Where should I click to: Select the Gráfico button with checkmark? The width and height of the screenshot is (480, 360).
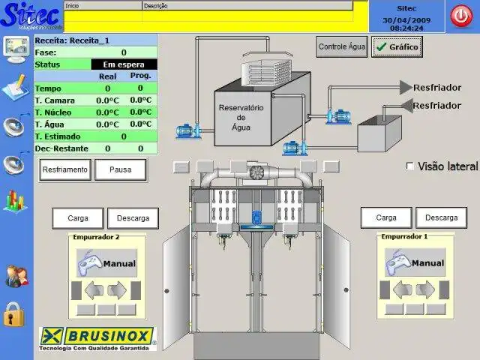click(397, 46)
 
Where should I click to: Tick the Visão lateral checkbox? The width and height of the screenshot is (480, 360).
click(409, 166)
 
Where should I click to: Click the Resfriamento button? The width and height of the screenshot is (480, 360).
click(65, 169)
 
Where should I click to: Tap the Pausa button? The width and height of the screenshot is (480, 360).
click(120, 169)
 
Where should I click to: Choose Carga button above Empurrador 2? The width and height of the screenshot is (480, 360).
click(78, 218)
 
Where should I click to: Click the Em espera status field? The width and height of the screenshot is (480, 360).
click(124, 64)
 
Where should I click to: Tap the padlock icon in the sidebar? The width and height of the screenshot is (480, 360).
click(14, 313)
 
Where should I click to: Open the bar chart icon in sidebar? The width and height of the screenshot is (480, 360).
click(14, 200)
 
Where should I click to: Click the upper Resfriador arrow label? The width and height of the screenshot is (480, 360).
click(436, 88)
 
